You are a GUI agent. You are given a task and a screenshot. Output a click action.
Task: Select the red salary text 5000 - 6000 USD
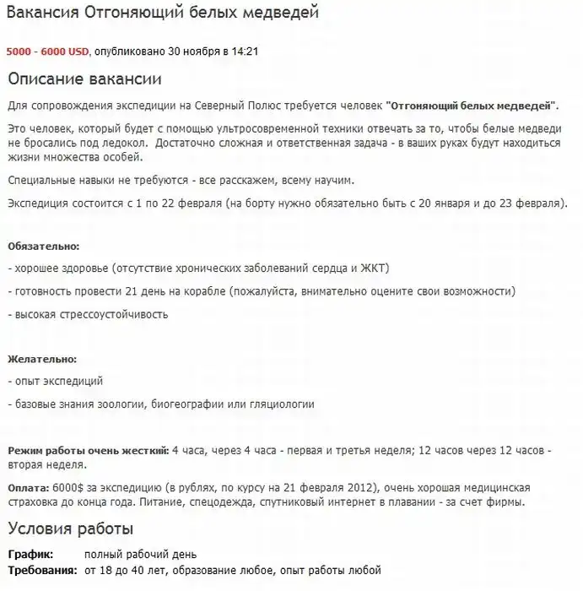click(48, 52)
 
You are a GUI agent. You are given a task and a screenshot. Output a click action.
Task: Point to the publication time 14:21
click(245, 52)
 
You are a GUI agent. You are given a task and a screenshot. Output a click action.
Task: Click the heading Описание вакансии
click(84, 79)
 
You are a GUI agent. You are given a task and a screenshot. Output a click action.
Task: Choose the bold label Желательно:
click(41, 360)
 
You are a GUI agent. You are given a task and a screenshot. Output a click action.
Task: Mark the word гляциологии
click(282, 404)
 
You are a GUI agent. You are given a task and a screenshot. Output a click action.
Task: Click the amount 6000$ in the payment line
click(67, 489)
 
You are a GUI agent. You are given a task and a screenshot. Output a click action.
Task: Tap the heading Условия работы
click(70, 530)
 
